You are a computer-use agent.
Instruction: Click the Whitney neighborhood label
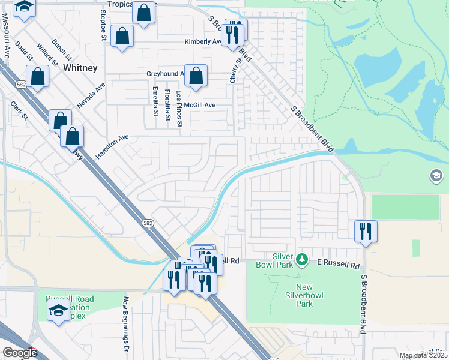80,68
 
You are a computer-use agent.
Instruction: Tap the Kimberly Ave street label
202,42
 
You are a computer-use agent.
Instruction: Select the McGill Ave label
199,104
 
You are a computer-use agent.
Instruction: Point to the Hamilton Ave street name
112,146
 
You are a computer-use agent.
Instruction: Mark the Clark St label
19,110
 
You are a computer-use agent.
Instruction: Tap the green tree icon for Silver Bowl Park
304,260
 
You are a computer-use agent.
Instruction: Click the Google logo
20,353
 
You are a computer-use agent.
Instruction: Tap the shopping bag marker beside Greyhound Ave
196,76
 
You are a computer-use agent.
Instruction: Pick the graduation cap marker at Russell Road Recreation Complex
58,310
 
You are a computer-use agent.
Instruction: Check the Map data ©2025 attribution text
423,355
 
